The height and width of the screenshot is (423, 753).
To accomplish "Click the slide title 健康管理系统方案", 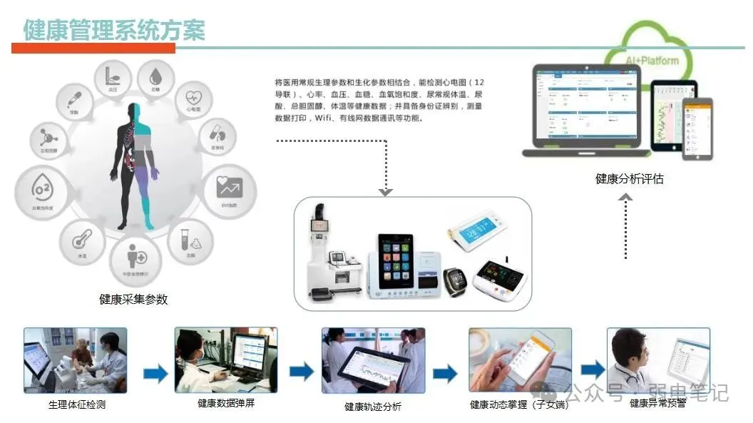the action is [114, 30].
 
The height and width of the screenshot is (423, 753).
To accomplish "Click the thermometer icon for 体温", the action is [82, 240].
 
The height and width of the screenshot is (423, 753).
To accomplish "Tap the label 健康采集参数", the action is [133, 300].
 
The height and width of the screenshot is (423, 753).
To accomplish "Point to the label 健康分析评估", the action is [629, 179].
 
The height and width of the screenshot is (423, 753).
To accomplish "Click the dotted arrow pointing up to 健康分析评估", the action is [625, 228].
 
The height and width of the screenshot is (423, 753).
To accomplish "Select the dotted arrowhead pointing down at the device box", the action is [386, 190].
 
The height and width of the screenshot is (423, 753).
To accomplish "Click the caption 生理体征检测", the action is [77, 405].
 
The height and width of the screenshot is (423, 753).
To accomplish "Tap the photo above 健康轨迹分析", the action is [373, 360].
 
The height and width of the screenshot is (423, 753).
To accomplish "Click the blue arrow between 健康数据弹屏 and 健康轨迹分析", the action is [301, 372].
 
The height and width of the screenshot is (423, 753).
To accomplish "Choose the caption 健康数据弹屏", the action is [226, 404].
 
